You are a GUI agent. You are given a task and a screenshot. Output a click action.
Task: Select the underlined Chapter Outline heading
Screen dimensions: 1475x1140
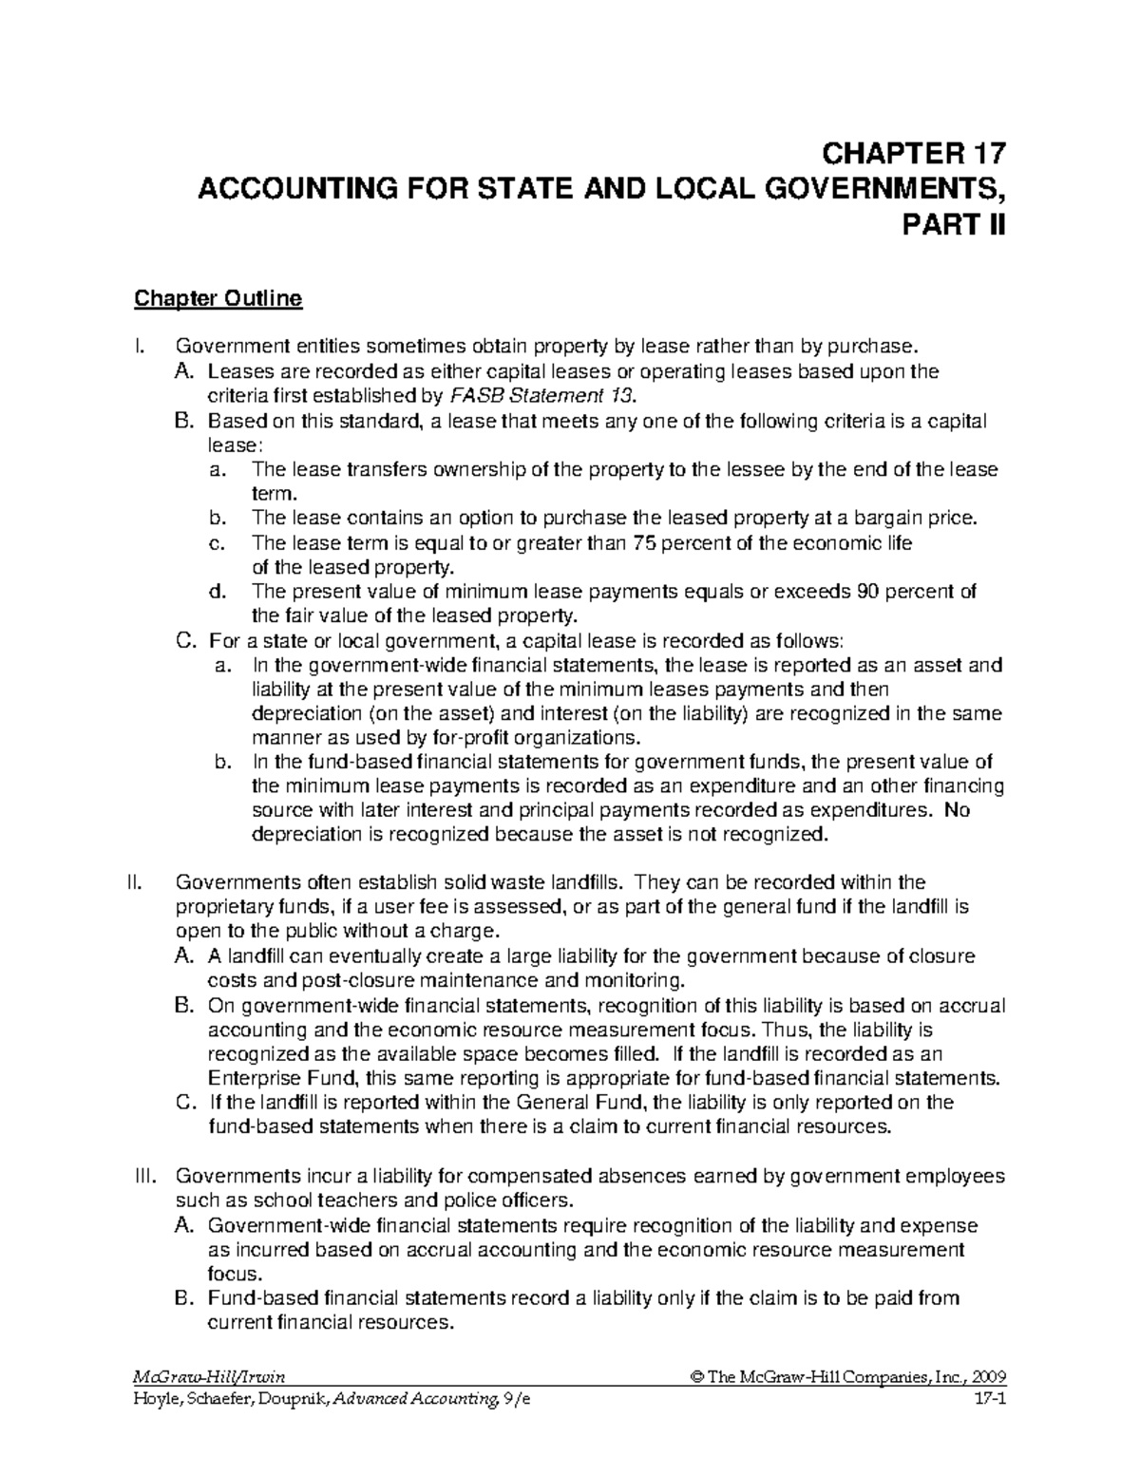pyautogui.click(x=218, y=299)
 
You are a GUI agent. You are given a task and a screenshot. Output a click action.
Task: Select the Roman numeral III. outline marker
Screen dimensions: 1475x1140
pyautogui.click(x=140, y=1176)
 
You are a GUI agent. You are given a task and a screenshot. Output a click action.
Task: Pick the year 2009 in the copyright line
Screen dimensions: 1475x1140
pyautogui.click(x=989, y=1377)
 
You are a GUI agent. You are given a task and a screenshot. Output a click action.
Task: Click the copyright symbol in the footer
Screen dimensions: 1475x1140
pyautogui.click(x=698, y=1377)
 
